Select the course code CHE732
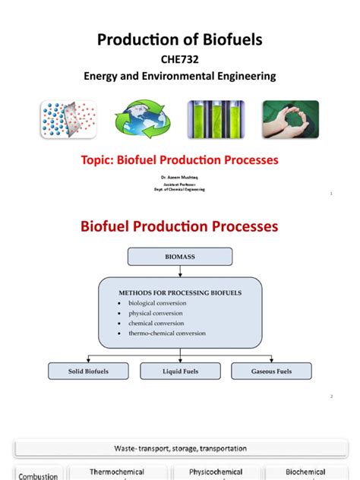click(x=180, y=58)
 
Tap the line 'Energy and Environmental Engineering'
click(x=180, y=76)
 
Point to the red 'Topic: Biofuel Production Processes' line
click(x=180, y=160)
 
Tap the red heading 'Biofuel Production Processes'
click(x=180, y=226)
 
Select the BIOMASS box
click(x=180, y=257)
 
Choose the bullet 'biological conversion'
click(x=157, y=303)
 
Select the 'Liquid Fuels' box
click(x=180, y=371)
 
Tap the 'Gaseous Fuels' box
click(x=271, y=371)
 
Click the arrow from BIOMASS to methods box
click(x=180, y=271)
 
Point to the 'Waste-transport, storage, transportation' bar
click(x=180, y=448)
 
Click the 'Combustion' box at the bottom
click(x=38, y=475)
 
